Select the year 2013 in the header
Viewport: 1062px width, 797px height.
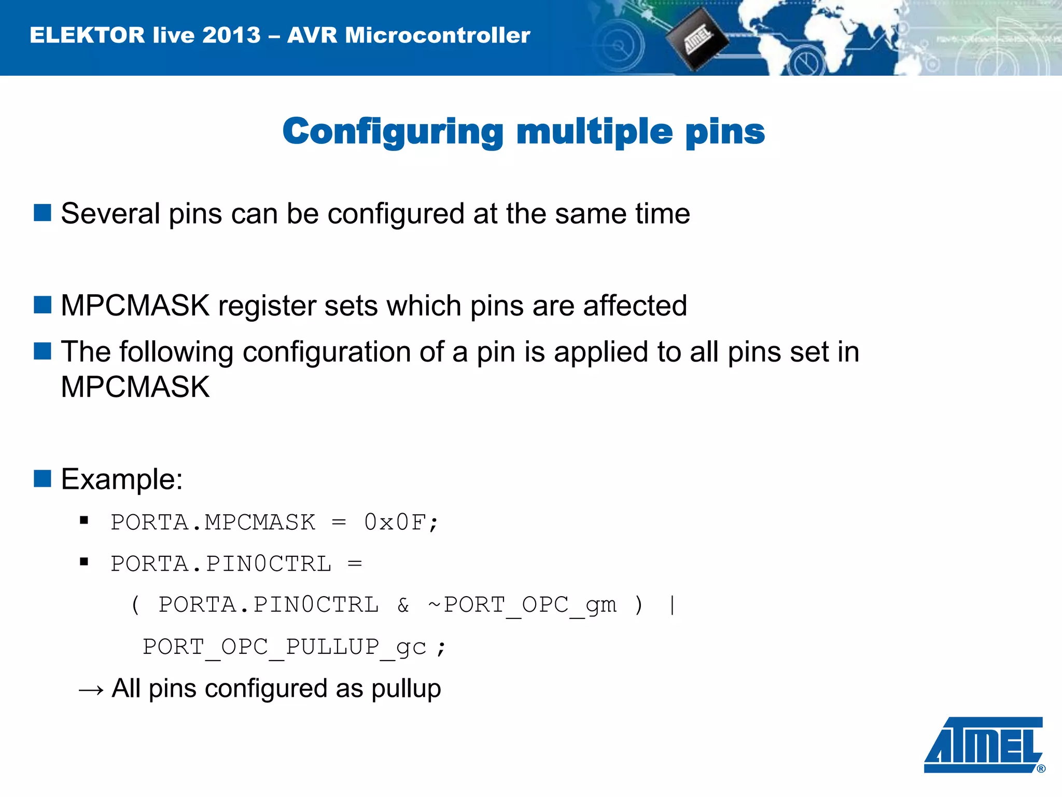point(231,35)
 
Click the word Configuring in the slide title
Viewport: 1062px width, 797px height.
point(393,132)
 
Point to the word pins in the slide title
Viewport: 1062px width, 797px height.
point(725,132)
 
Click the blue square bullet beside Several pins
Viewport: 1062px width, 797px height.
point(43,213)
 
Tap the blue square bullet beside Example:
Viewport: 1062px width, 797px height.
point(43,478)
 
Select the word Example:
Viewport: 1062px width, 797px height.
point(122,479)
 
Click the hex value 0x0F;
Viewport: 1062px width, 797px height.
point(401,523)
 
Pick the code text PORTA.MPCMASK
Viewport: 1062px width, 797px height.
point(213,523)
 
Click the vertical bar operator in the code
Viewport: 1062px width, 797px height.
point(673,605)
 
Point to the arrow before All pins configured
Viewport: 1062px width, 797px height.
point(91,690)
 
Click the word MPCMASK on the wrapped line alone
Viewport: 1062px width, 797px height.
point(135,387)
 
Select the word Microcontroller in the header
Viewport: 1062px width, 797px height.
point(438,35)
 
